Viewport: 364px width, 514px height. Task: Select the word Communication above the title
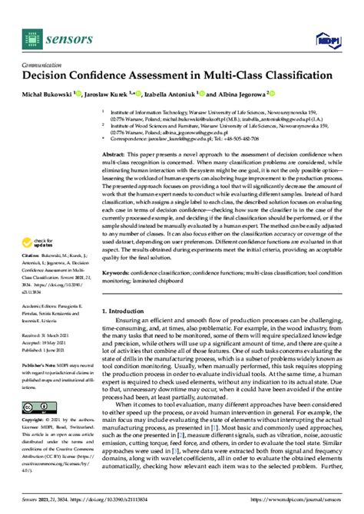coord(43,64)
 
